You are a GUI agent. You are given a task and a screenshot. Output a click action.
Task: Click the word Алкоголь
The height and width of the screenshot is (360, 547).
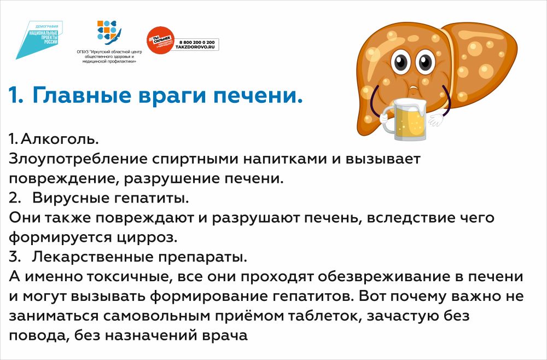point(60,139)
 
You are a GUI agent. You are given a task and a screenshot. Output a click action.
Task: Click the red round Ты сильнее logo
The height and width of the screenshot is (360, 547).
point(160,40)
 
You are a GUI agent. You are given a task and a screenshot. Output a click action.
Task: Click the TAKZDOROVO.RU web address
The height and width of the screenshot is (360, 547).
point(195,47)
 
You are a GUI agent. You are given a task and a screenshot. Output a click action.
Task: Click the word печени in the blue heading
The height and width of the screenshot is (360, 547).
point(258,95)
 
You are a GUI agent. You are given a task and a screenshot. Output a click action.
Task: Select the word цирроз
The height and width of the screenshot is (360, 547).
point(146,237)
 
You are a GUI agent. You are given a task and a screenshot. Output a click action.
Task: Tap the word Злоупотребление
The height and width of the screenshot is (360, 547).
point(78,159)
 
